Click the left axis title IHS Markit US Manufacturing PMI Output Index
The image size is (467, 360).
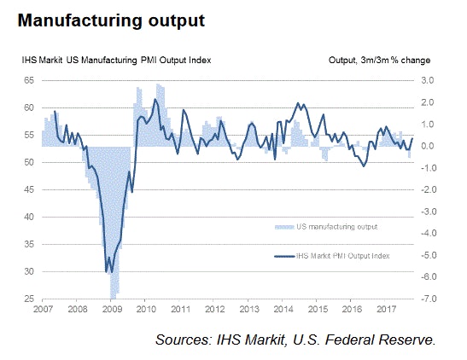[x=117, y=61]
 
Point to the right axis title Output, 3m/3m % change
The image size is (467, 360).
[x=379, y=61]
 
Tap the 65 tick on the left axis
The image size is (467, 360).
[x=26, y=80]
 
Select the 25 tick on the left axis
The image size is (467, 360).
[x=26, y=299]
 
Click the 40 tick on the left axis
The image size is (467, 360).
[x=26, y=218]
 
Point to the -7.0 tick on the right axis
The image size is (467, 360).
[x=426, y=299]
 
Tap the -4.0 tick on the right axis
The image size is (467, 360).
[x=426, y=234]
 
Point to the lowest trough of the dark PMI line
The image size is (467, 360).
[x=106, y=272]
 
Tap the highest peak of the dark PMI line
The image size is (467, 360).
[x=155, y=100]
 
